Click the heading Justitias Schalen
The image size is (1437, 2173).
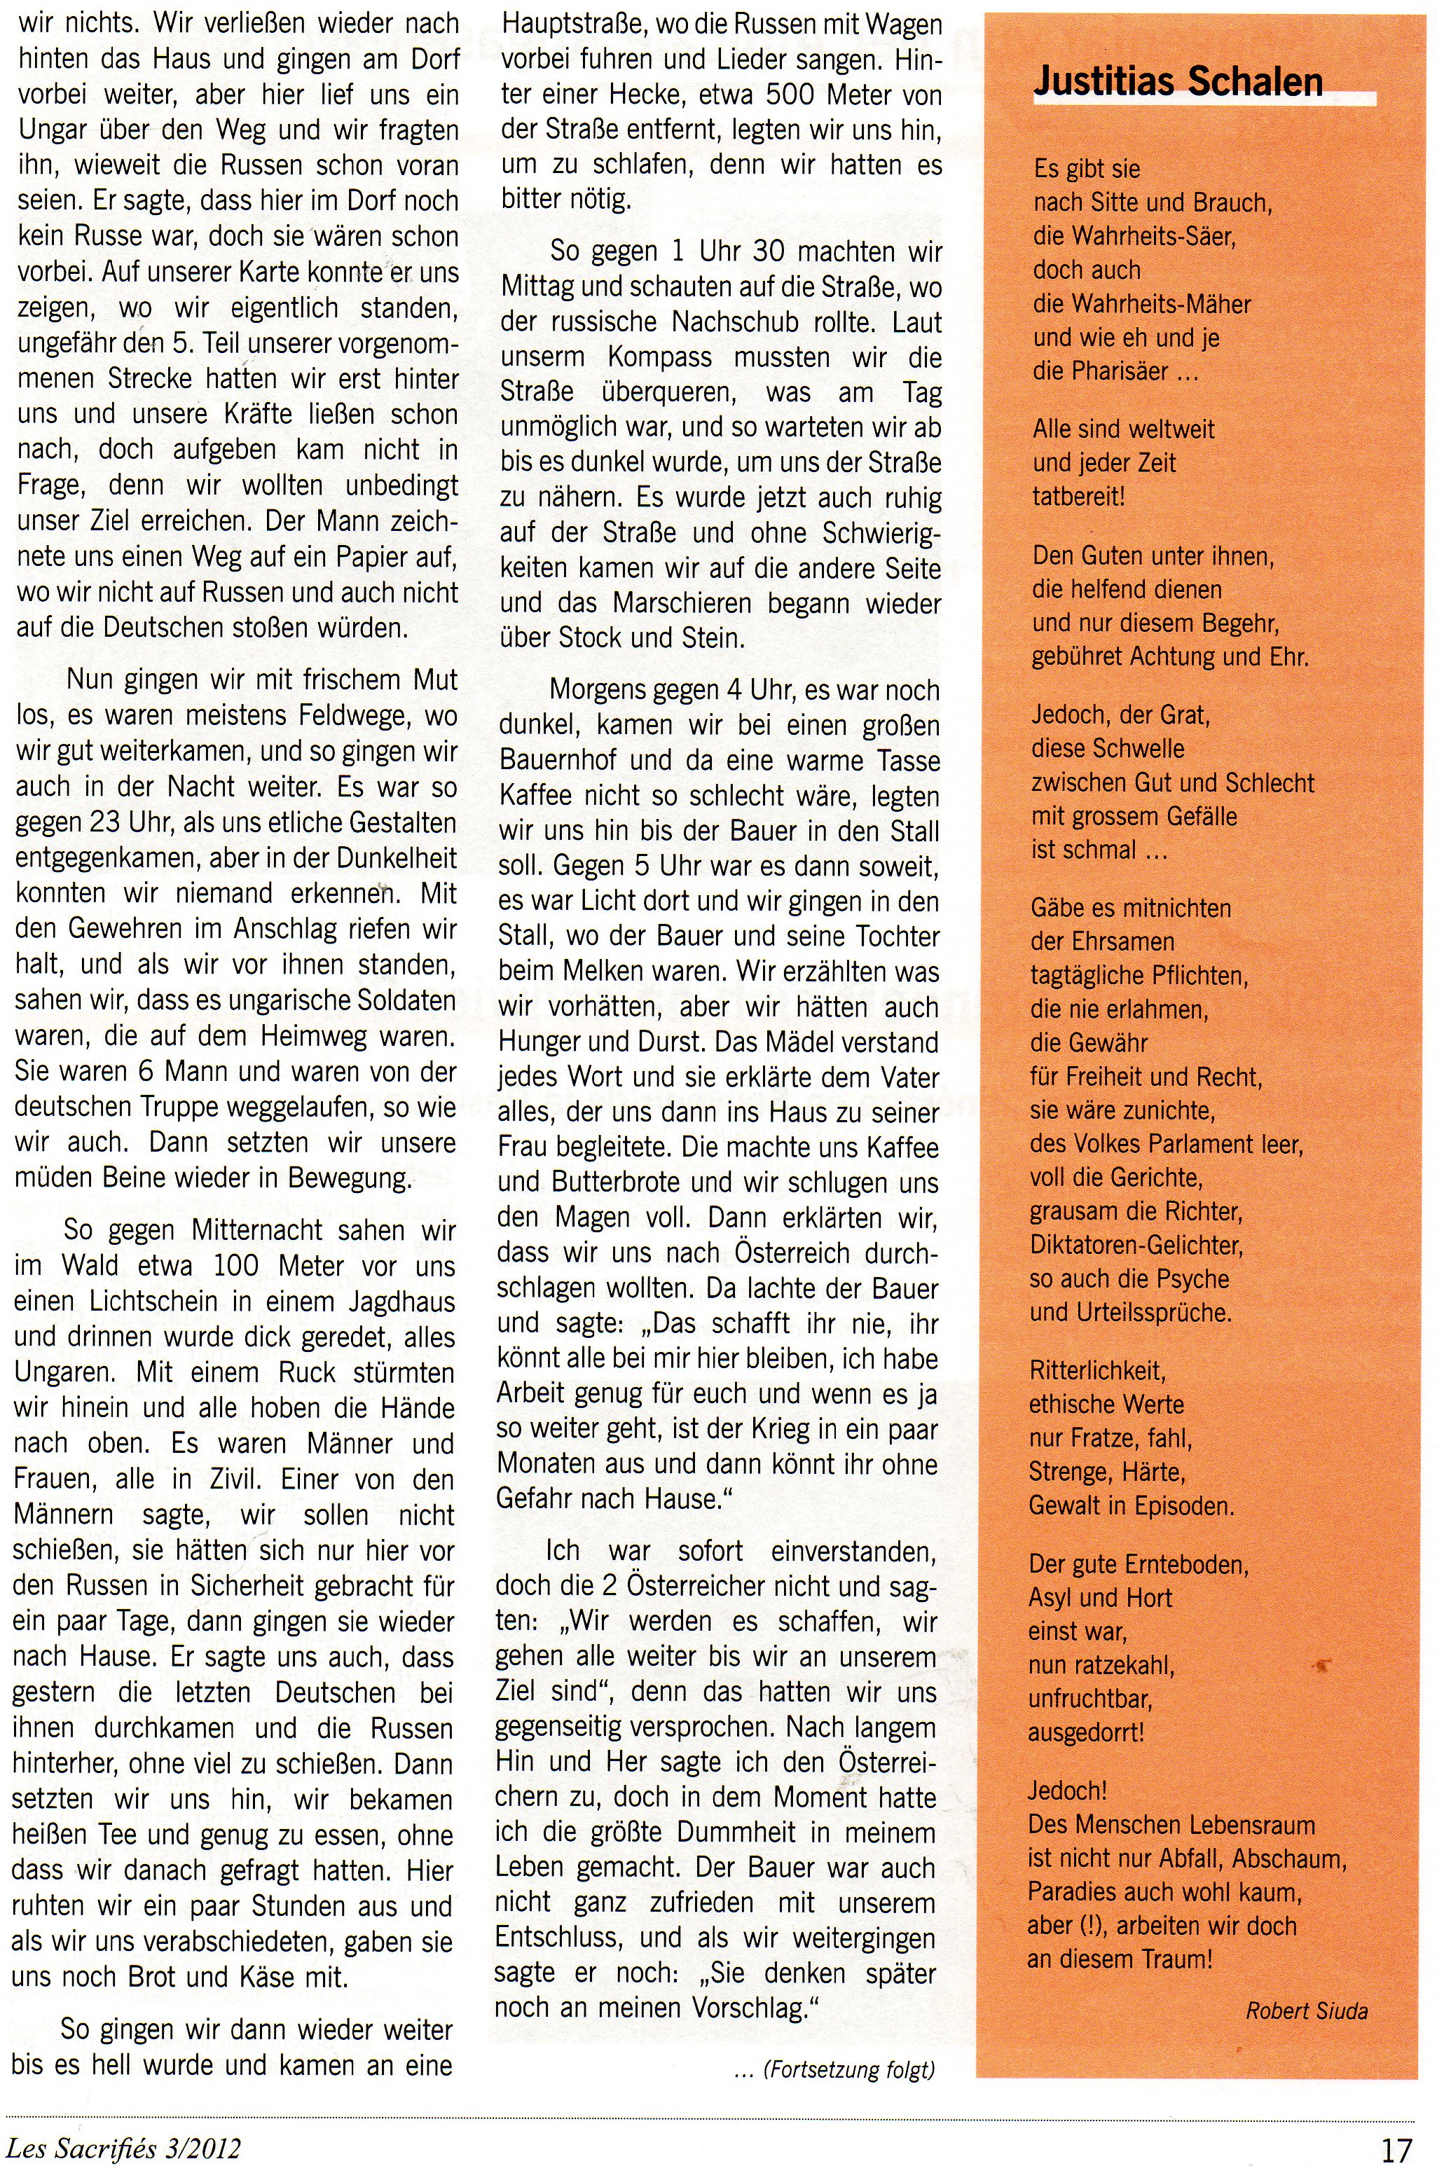[x=1178, y=83]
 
